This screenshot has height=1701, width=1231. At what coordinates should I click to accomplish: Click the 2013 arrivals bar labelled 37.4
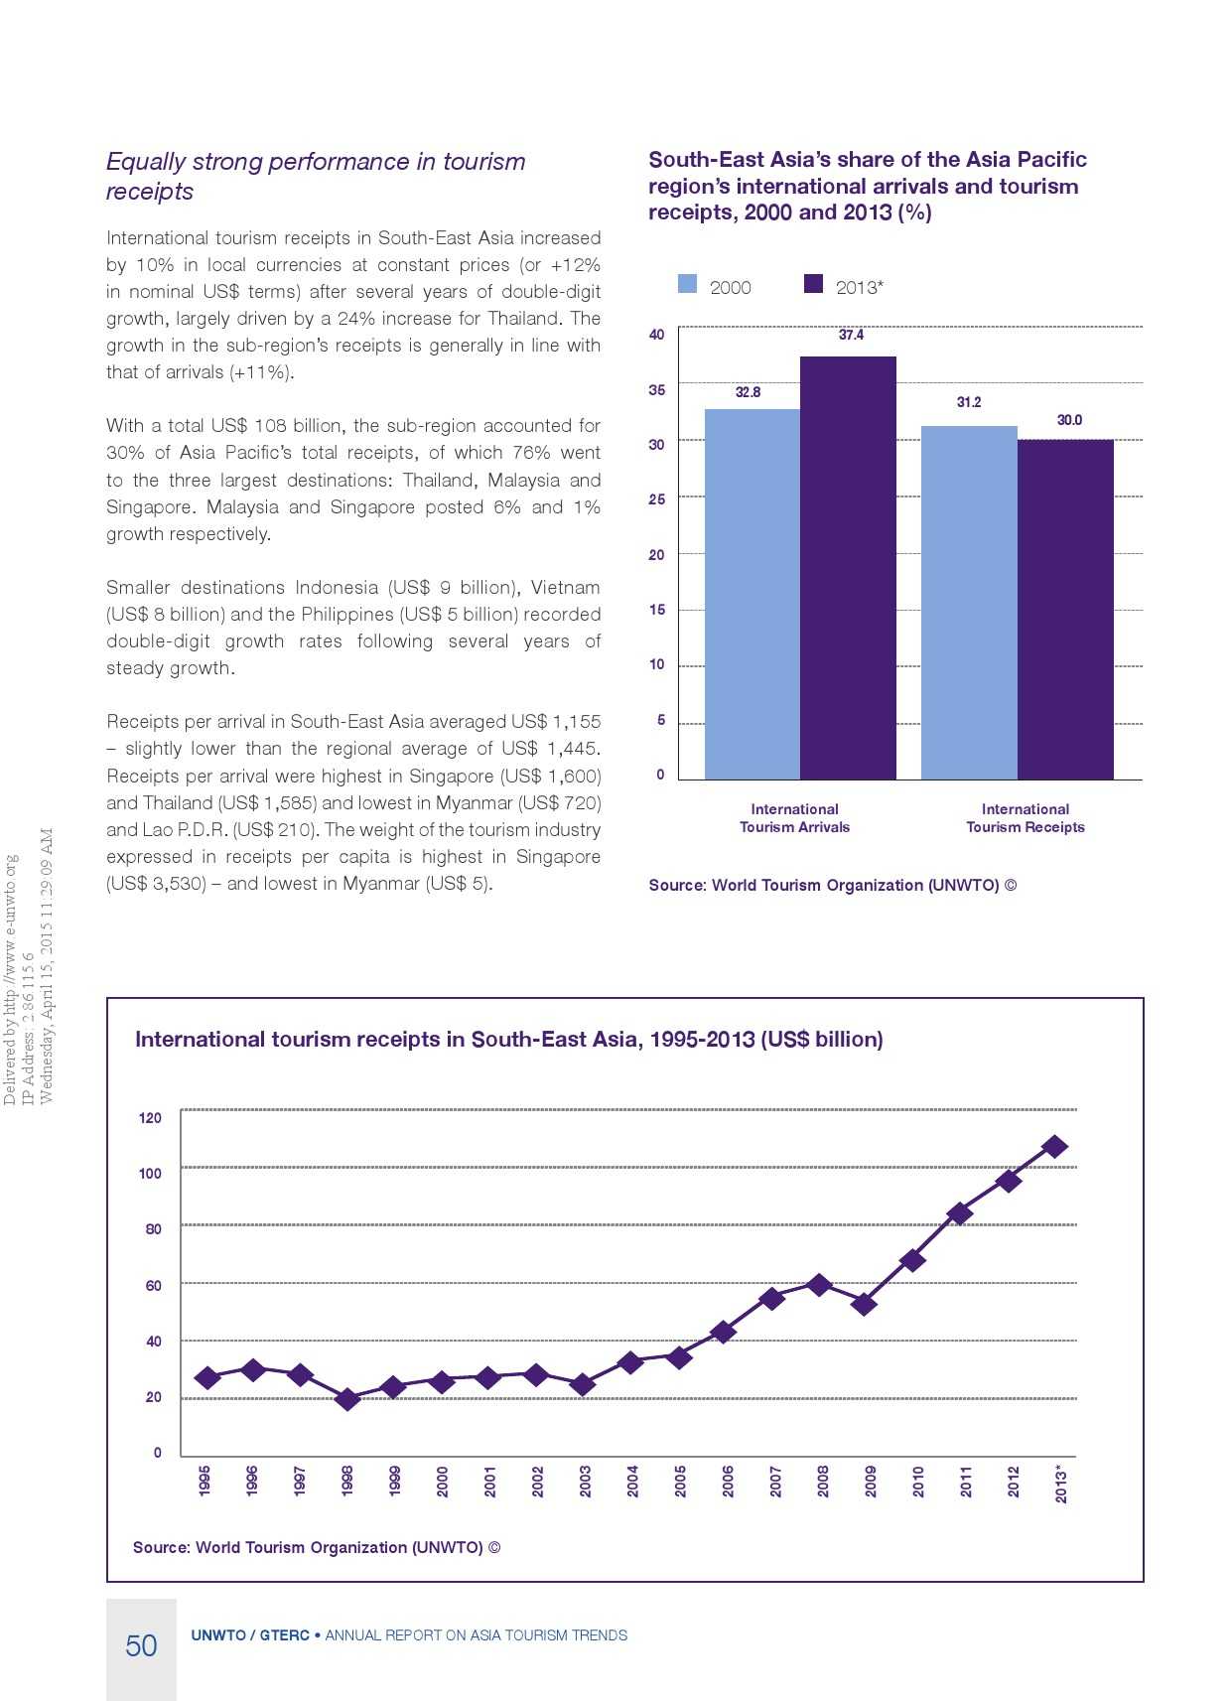[x=848, y=567]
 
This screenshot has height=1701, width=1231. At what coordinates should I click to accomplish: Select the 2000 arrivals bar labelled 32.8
[x=752, y=594]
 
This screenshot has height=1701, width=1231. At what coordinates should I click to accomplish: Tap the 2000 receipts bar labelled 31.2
[x=969, y=602]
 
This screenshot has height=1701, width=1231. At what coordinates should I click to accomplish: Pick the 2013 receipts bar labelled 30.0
[x=1065, y=609]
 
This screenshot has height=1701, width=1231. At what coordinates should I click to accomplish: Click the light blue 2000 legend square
[x=687, y=284]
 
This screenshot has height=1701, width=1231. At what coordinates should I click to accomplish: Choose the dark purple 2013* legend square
[x=813, y=284]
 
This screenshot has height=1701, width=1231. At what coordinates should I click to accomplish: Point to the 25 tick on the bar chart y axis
[x=656, y=499]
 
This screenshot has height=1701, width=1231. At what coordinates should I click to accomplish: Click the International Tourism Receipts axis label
[x=1026, y=818]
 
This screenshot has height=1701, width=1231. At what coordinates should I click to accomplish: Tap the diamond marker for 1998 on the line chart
[x=347, y=1399]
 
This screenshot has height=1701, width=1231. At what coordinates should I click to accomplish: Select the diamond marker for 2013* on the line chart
[x=1055, y=1147]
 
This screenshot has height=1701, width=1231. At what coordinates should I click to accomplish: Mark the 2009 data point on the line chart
[x=864, y=1304]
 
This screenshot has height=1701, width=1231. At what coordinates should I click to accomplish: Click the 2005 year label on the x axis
[x=680, y=1481]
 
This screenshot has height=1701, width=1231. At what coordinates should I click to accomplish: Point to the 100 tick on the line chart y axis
[x=150, y=1174]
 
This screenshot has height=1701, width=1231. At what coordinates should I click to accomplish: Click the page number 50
[x=141, y=1646]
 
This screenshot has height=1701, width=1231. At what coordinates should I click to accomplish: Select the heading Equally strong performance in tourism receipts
[x=316, y=176]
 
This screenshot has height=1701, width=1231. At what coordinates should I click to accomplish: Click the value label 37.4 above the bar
[x=851, y=335]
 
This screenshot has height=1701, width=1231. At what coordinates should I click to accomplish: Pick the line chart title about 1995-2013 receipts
[x=508, y=1040]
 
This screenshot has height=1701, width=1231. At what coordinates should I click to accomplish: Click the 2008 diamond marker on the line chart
[x=819, y=1285]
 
